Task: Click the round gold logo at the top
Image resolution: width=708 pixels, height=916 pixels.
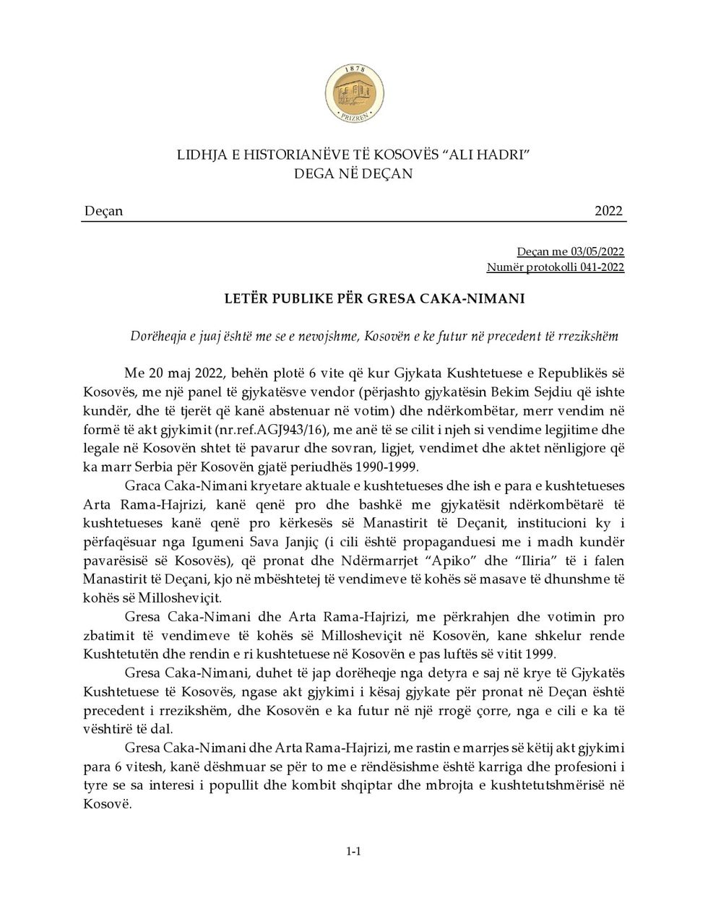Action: [x=354, y=94]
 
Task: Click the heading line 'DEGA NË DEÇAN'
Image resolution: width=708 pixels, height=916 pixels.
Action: [x=353, y=173]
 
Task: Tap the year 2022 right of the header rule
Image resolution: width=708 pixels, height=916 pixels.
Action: [x=608, y=211]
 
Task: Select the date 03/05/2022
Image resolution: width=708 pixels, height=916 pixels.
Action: [x=597, y=251]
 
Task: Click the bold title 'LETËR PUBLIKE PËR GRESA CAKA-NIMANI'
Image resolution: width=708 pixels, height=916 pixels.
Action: [x=353, y=299]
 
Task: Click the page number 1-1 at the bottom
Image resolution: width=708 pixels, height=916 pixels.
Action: [x=353, y=851]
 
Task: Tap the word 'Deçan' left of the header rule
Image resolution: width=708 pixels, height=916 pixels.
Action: [x=103, y=211]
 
